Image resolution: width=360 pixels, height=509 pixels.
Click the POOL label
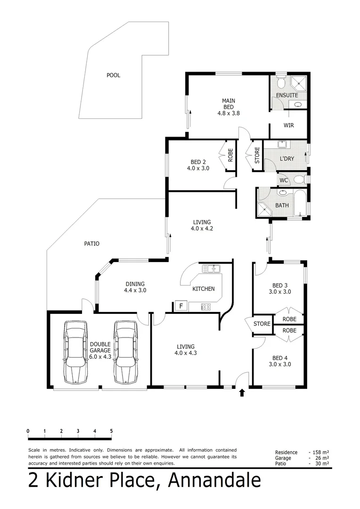113,75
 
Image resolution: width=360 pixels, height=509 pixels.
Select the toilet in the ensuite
281,83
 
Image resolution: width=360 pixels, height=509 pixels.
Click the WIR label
289,125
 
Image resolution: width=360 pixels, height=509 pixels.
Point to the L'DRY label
286,159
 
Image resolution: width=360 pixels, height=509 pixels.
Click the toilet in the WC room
299,180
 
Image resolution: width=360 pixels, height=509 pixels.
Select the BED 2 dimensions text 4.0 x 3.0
197,168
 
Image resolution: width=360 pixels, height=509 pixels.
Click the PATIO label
91,244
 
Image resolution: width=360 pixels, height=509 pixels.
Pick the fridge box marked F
180,306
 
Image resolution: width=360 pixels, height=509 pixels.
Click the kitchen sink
212,269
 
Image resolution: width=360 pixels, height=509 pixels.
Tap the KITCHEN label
204,289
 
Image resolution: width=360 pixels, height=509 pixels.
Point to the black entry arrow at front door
242,392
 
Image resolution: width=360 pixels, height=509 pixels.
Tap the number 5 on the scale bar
111,431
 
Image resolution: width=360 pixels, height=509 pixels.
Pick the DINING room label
135,284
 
